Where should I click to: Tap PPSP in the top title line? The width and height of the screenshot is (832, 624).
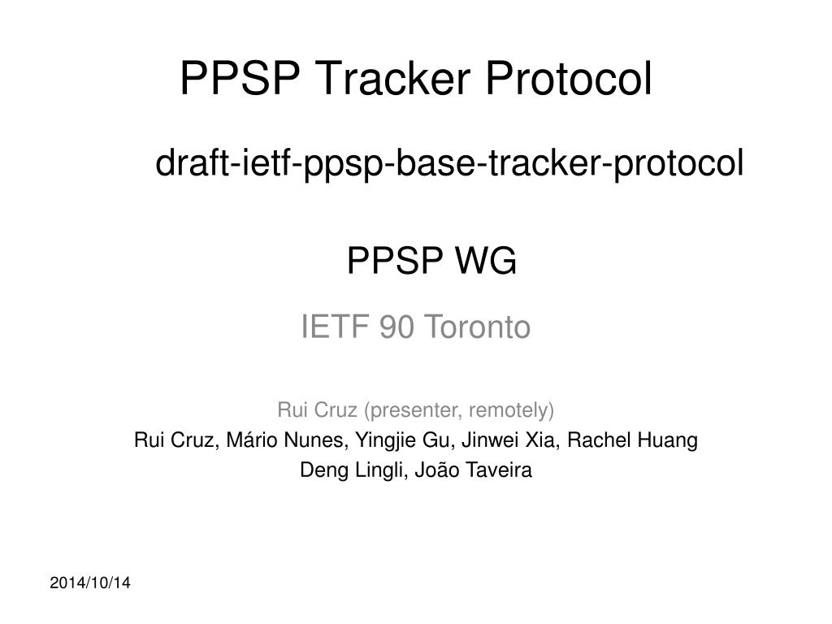pyautogui.click(x=239, y=79)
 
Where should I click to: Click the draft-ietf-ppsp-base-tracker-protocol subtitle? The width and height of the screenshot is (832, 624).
pyautogui.click(x=449, y=164)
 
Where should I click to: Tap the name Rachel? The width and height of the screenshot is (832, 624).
pyautogui.click(x=593, y=440)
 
